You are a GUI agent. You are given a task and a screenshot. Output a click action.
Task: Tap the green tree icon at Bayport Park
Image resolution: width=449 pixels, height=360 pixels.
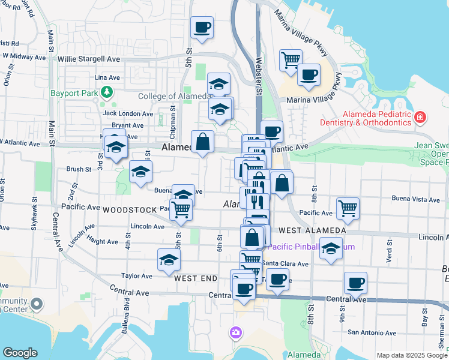click(x=107, y=92)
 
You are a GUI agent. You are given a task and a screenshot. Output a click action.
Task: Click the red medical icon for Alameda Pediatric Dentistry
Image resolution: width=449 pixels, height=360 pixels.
click(x=420, y=116)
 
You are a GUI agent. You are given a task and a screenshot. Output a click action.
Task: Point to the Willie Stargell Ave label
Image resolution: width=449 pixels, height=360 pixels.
click(x=89, y=59)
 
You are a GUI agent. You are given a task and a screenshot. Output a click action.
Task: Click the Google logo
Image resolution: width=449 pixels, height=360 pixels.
click(x=20, y=353)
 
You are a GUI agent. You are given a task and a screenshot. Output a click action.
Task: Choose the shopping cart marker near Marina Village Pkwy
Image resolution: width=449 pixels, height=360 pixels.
click(x=291, y=59)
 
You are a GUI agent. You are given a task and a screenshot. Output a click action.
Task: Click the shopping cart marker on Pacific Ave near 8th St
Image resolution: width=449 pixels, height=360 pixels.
click(x=348, y=208)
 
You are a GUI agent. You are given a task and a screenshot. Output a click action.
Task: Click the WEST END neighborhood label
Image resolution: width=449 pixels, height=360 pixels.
click(x=196, y=279)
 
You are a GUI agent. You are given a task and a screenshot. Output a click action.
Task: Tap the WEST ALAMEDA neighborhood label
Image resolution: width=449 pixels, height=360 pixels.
click(x=312, y=230)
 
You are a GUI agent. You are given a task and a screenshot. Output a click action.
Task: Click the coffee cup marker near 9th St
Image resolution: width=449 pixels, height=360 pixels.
click(x=355, y=283)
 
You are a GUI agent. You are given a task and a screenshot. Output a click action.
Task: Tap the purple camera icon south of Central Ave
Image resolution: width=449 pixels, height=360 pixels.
click(x=236, y=332)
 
